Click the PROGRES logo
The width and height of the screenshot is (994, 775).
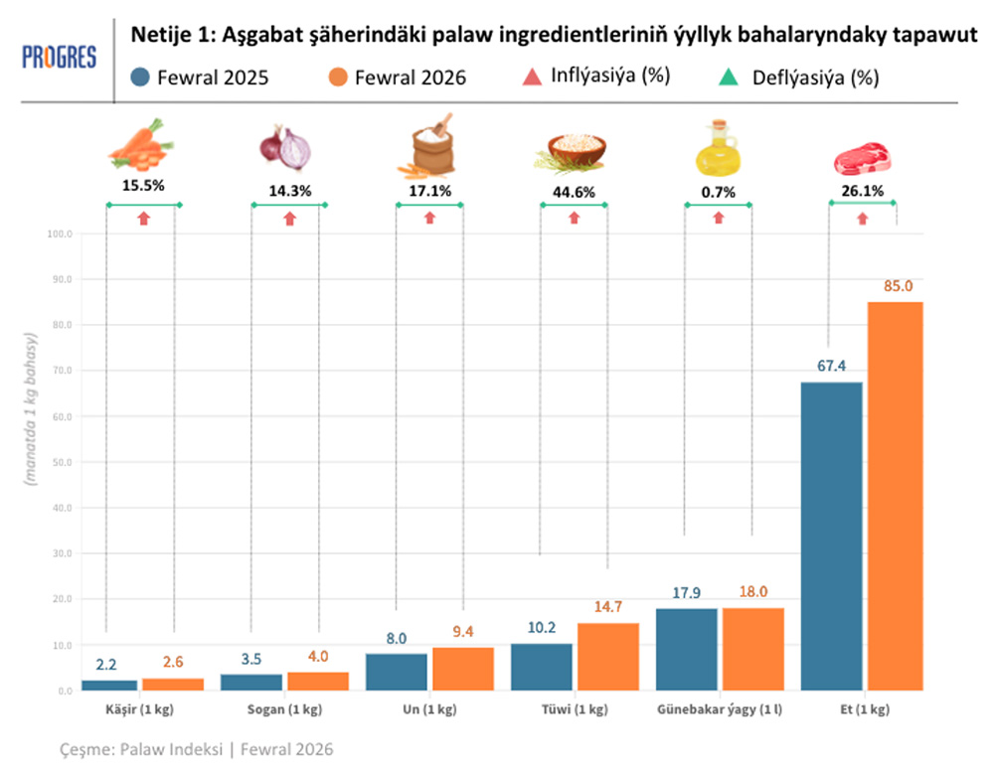59,58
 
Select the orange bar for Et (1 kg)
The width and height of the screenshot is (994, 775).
895,497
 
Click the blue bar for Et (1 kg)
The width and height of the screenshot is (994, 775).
832,537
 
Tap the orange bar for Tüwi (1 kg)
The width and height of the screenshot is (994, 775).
607,657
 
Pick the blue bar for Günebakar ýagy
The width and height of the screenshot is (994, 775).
687,650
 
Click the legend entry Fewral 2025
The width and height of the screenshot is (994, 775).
200,77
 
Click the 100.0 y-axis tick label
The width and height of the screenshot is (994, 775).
59,234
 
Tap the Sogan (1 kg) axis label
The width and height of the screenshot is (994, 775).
284,710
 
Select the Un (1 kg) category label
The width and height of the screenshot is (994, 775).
429,710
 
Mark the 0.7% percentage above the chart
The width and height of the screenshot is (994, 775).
718,191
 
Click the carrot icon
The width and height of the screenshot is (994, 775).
142,146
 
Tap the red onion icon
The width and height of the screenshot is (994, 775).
285,147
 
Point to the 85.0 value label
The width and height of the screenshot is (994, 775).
897,287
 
